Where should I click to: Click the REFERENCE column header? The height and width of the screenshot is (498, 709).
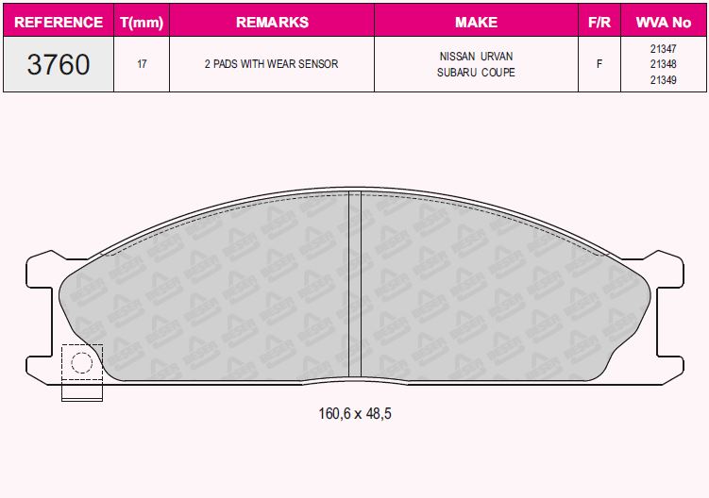pyautogui.click(x=59, y=21)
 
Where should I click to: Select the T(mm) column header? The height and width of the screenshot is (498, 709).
pyautogui.click(x=141, y=21)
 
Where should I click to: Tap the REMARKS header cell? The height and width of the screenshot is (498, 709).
pyautogui.click(x=272, y=21)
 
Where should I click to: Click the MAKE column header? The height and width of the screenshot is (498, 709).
pyautogui.click(x=476, y=21)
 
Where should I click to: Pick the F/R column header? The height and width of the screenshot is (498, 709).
pyautogui.click(x=599, y=21)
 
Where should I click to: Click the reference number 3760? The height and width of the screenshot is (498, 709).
pyautogui.click(x=59, y=64)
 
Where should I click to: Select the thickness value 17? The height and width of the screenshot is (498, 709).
pyautogui.click(x=141, y=65)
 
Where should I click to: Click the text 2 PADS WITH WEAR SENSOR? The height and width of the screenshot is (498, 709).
pyautogui.click(x=272, y=65)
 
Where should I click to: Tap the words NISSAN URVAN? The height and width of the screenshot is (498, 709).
pyautogui.click(x=476, y=57)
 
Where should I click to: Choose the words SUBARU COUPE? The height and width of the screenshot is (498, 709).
pyautogui.click(x=476, y=73)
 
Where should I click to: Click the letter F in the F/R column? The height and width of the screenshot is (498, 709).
pyautogui.click(x=599, y=65)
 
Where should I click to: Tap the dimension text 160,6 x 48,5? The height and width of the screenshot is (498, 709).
pyautogui.click(x=354, y=414)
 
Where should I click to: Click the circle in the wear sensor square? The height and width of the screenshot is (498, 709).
pyautogui.click(x=81, y=362)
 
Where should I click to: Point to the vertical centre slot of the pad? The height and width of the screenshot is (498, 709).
pyautogui.click(x=355, y=283)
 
